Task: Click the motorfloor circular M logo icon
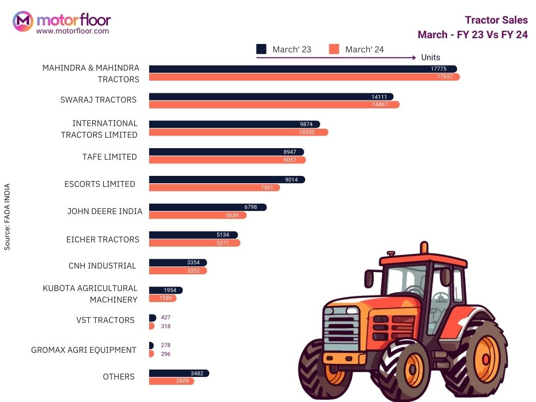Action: (23, 21)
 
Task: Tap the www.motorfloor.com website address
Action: (72, 31)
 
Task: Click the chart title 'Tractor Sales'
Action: (496, 20)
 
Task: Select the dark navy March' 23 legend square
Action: (261, 49)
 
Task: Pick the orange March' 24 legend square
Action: (334, 49)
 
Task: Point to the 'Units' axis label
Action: (430, 58)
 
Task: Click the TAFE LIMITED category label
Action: (109, 157)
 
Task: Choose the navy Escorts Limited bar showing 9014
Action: (227, 180)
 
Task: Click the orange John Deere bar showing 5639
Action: (197, 215)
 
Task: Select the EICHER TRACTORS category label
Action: (103, 239)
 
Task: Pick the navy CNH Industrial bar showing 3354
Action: (178, 262)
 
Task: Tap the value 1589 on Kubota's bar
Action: (166, 298)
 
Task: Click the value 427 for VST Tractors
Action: (166, 318)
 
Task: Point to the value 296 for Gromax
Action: (166, 354)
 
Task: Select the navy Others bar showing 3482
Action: (179, 373)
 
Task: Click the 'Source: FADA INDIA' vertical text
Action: (7, 216)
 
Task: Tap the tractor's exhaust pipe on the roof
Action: (423, 248)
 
